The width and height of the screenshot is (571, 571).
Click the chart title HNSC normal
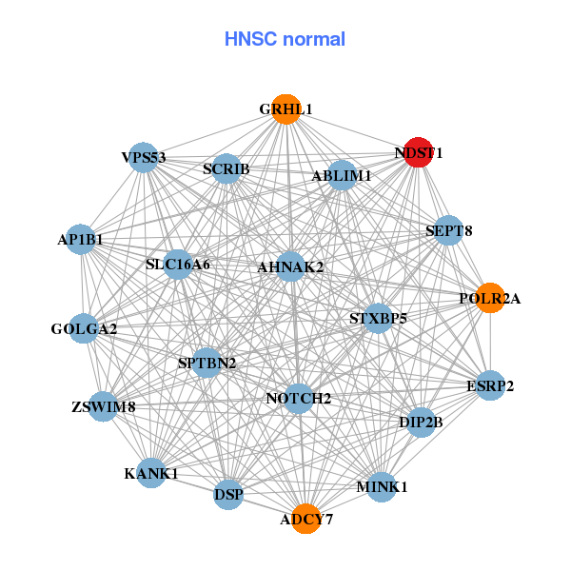point(285,39)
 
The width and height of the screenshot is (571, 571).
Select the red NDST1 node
point(419,152)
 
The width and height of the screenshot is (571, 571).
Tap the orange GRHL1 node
point(286,109)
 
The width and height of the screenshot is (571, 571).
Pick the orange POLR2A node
point(489,299)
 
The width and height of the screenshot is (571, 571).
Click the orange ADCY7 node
point(306,519)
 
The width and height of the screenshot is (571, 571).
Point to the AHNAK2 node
point(291,266)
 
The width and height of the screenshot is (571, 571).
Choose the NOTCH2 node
point(299,398)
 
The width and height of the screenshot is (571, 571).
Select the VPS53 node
point(144,157)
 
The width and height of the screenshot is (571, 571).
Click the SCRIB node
point(226,169)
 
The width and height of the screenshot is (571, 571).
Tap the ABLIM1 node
point(342,175)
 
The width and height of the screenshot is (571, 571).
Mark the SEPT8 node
point(449,230)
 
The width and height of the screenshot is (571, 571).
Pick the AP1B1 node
point(81,241)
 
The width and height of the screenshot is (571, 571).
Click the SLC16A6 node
point(178,264)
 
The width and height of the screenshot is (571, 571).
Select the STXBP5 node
point(378,318)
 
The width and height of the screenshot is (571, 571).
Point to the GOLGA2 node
point(84,329)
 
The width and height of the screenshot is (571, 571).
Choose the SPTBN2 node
point(207,363)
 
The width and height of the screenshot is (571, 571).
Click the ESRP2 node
point(490,385)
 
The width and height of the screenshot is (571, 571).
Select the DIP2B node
point(422,422)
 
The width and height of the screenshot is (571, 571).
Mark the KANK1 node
point(151,473)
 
